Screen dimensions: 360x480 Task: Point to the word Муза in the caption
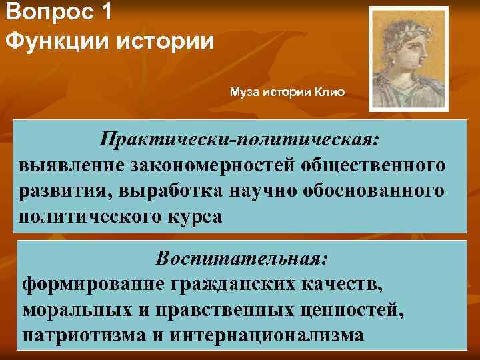[245, 91]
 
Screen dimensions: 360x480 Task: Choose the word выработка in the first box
[175, 191]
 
